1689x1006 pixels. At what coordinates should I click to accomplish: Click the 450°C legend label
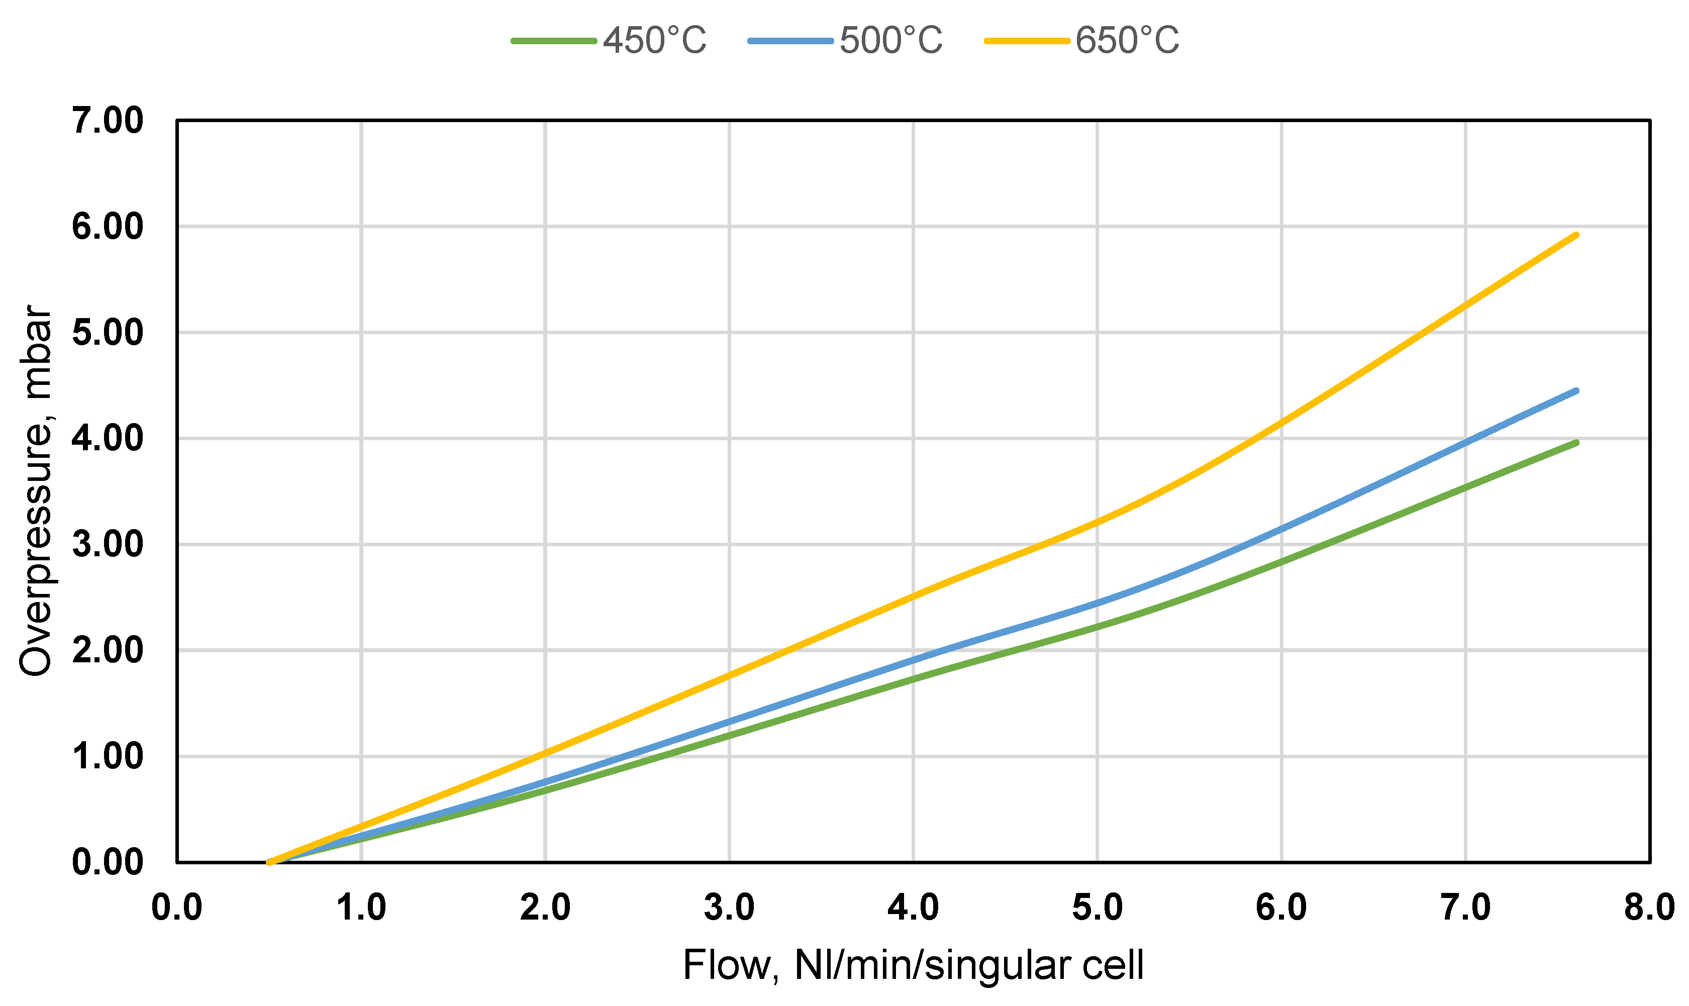(654, 40)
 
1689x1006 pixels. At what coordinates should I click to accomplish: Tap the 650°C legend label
(1127, 40)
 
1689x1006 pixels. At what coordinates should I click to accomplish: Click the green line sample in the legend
(554, 41)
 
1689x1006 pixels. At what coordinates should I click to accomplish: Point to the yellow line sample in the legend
(1027, 41)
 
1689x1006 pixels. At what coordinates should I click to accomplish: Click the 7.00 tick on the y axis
(108, 121)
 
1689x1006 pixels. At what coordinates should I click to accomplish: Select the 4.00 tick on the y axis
(108, 439)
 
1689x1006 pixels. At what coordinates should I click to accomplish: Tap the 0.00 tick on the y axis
(108, 862)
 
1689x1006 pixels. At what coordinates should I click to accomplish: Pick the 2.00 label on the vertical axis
(108, 650)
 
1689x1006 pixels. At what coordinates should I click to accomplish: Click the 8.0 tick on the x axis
(1649, 908)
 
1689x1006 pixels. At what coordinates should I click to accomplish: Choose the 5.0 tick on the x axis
(1098, 908)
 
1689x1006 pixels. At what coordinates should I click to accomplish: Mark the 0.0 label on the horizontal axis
(177, 908)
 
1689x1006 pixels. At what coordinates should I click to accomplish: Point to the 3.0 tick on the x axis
(729, 908)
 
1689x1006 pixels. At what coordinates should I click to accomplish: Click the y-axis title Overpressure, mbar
(35, 491)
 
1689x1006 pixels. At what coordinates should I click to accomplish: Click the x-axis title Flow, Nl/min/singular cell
(913, 965)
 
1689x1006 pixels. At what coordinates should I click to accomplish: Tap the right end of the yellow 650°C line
(1576, 235)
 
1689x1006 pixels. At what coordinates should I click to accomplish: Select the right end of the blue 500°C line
(1576, 391)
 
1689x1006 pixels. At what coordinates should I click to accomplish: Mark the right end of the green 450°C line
(1576, 443)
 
